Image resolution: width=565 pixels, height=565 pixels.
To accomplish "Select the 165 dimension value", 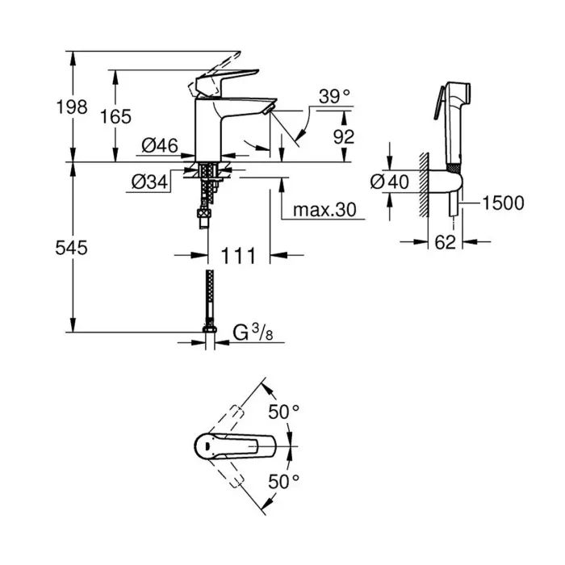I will [x=115, y=116].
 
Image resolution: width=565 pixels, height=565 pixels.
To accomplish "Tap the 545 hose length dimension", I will [x=71, y=248].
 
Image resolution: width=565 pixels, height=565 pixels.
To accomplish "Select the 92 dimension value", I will [x=344, y=136].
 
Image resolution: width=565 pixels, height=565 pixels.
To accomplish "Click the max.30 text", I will [x=324, y=210].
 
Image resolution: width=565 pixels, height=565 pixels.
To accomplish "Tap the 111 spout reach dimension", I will [x=239, y=256].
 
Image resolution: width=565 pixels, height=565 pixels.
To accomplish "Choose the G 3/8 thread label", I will [x=253, y=332].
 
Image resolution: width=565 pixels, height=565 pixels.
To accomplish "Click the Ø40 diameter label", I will [x=389, y=182].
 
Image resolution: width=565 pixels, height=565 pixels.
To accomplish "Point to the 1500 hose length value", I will [x=503, y=203].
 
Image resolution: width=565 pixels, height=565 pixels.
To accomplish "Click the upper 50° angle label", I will [x=284, y=412].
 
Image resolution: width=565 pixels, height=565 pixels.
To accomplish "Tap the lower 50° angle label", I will [x=284, y=481].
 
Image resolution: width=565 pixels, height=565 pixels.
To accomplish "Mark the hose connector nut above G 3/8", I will [x=209, y=329].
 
